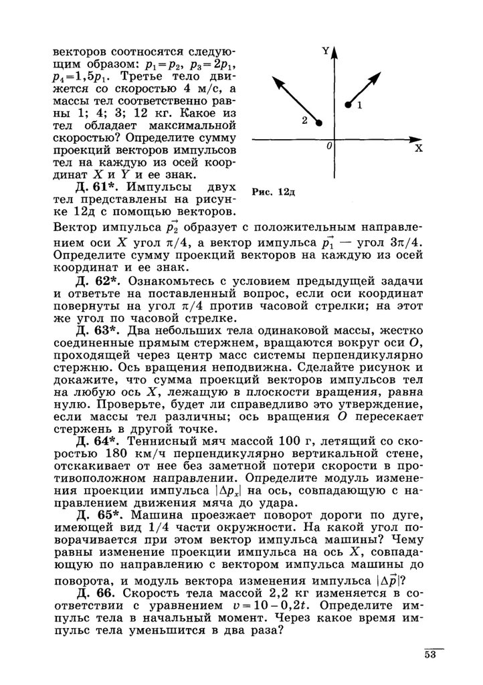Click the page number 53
pos(429,655)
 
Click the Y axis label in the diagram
pos(325,51)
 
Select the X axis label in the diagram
pos(419,149)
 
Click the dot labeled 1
pos(347,105)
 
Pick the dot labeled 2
pos(319,123)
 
